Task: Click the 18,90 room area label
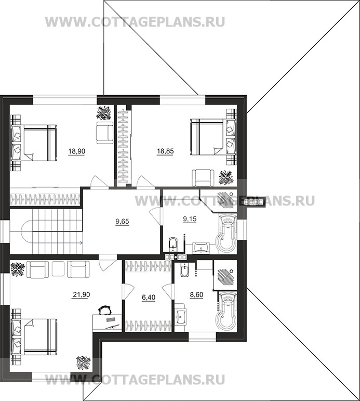point(77,152)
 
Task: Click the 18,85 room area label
point(165,151)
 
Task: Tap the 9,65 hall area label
point(122,222)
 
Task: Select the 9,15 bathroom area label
point(190,219)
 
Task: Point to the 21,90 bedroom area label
point(82,295)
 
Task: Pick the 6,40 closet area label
point(149,297)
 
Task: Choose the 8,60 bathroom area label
point(196,295)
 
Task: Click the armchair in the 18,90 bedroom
point(104,133)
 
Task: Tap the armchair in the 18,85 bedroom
point(203,178)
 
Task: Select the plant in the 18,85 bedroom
point(226,177)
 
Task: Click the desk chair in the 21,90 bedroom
point(105,310)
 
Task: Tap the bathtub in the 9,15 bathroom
point(227,234)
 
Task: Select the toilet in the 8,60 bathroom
point(184,269)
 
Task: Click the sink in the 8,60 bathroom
point(181,314)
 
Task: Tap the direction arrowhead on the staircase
point(81,243)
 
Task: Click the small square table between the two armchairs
point(58,269)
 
